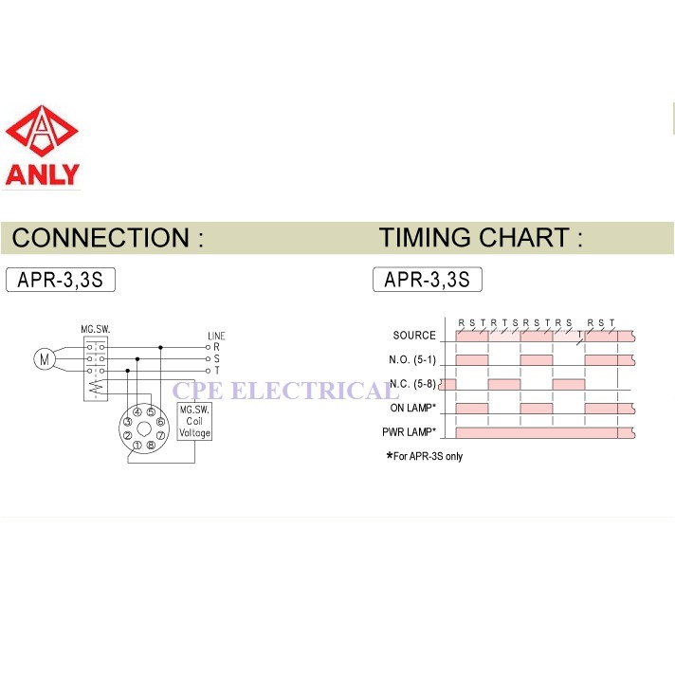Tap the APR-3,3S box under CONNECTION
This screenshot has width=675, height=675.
pyautogui.click(x=61, y=281)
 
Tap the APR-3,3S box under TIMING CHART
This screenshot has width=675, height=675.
pyautogui.click(x=428, y=281)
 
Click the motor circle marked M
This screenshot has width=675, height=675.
pyautogui.click(x=43, y=358)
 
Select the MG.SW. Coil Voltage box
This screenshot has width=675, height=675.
pyautogui.click(x=195, y=420)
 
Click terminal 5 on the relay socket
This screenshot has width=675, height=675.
pyautogui.click(x=151, y=412)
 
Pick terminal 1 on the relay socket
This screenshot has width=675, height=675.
pyautogui.click(x=137, y=445)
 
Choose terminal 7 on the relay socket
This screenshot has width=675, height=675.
pyautogui.click(x=162, y=434)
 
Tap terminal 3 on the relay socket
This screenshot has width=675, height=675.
pyautogui.click(x=127, y=421)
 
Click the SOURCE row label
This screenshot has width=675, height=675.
pyautogui.click(x=414, y=336)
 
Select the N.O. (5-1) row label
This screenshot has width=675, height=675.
pyautogui.click(x=412, y=360)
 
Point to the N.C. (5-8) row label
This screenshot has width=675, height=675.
pyautogui.click(x=412, y=384)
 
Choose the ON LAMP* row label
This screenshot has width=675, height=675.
pyautogui.click(x=411, y=409)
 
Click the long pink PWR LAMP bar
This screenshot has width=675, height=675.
pyautogui.click(x=537, y=432)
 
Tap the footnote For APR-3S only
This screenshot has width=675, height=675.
pyautogui.click(x=425, y=456)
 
